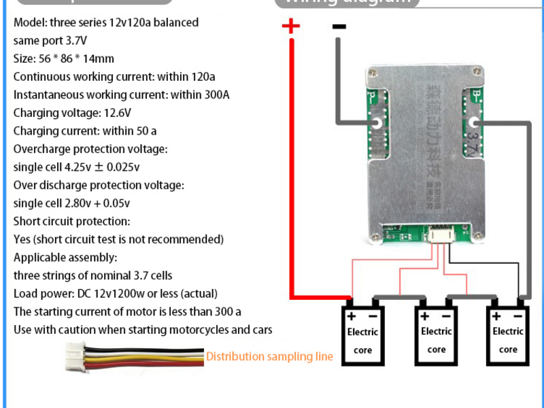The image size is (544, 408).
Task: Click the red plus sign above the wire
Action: pyautogui.click(x=290, y=27)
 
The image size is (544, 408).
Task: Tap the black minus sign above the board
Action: pyautogui.click(x=339, y=27)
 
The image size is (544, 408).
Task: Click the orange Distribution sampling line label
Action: pyautogui.click(x=269, y=356)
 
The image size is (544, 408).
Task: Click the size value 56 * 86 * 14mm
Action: pyautogui.click(x=75, y=58)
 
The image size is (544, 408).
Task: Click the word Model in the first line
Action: pyautogui.click(x=29, y=22)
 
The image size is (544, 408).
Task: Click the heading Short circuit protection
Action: pyautogui.click(x=71, y=221)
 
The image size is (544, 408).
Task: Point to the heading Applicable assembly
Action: pyautogui.click(x=65, y=258)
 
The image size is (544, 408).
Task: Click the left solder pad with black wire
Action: pyautogui.click(x=375, y=123)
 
